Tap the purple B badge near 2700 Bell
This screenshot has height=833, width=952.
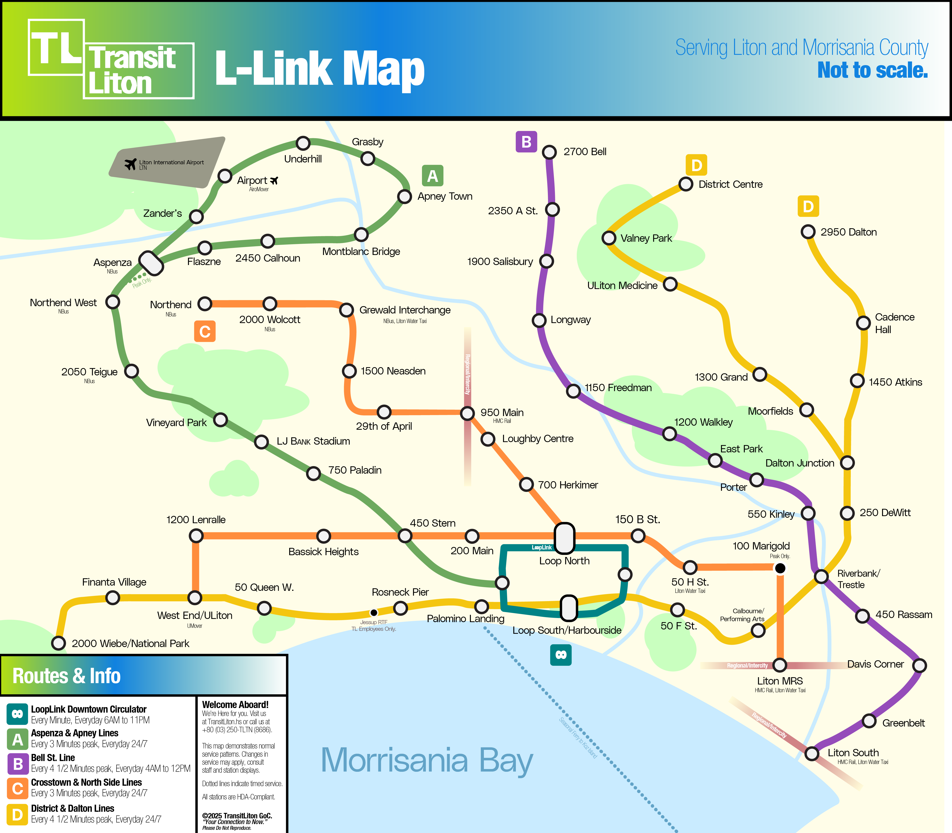(x=526, y=142)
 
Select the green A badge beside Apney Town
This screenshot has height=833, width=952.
(x=432, y=176)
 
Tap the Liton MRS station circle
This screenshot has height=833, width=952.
(x=780, y=665)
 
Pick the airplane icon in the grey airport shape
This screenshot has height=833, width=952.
(x=130, y=164)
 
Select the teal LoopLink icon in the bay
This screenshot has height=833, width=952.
(x=561, y=655)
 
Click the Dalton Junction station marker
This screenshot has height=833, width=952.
(x=847, y=462)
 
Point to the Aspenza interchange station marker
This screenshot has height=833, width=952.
(x=151, y=263)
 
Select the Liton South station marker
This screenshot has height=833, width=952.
(x=812, y=753)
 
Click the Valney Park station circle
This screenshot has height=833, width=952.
(x=609, y=238)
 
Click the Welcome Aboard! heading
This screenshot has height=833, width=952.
(x=235, y=705)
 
